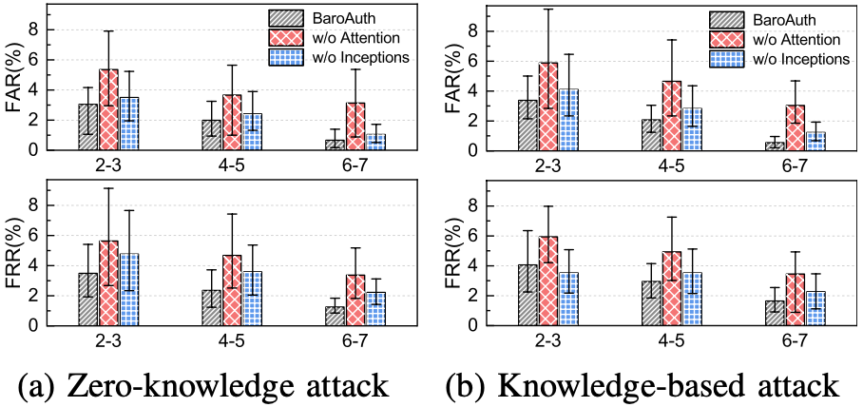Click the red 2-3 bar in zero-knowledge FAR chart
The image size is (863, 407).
pos(108,109)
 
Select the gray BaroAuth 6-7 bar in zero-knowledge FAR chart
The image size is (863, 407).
pos(335,145)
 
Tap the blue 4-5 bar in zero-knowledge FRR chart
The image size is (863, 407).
pos(252,299)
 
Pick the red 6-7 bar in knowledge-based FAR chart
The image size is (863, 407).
pos(795,127)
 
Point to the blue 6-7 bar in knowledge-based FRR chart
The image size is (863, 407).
pos(815,308)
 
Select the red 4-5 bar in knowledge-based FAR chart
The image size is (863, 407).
pos(672,115)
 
